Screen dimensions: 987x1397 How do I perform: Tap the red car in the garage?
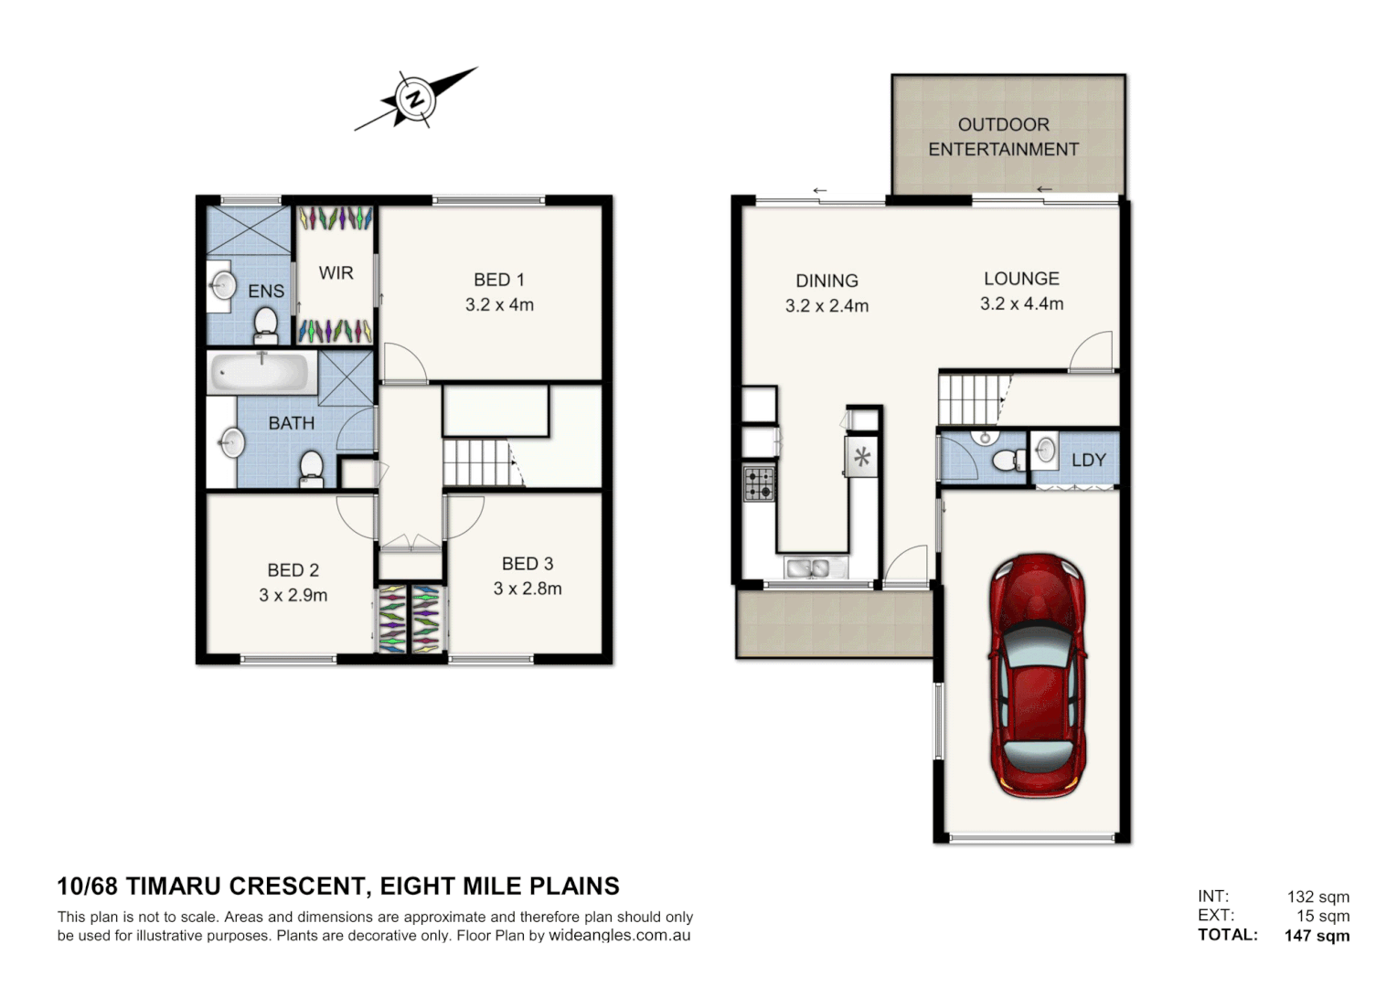[1038, 674]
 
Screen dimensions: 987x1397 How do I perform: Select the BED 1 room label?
[498, 280]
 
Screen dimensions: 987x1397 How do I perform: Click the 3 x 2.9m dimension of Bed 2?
[293, 595]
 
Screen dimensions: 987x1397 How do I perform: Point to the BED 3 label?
[527, 564]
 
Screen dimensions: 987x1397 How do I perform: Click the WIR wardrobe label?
[336, 272]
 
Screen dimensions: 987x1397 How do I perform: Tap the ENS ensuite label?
[266, 291]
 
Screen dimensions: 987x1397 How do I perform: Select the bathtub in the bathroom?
[261, 373]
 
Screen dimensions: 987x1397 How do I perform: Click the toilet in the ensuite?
[265, 323]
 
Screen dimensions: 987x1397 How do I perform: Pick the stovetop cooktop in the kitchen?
[759, 483]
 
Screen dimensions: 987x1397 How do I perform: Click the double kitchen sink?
[808, 568]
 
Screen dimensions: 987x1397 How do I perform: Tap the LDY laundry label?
[1088, 460]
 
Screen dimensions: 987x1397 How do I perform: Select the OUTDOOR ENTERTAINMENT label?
[1003, 136]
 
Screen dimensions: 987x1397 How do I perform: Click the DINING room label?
[826, 281]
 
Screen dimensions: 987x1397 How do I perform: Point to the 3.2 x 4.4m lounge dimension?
[1021, 303]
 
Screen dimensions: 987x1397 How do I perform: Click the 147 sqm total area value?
[1317, 935]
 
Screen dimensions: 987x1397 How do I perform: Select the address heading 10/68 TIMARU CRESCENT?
[337, 886]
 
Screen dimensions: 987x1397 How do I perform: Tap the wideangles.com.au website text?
[619, 935]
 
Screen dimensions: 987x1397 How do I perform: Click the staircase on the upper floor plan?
[475, 462]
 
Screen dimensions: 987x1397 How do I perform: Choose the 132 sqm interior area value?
[1317, 897]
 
